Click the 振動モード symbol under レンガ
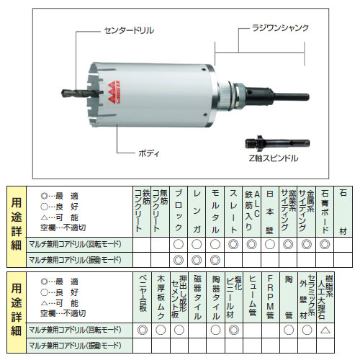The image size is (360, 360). (197, 259)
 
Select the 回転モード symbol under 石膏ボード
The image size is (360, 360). (324, 245)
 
